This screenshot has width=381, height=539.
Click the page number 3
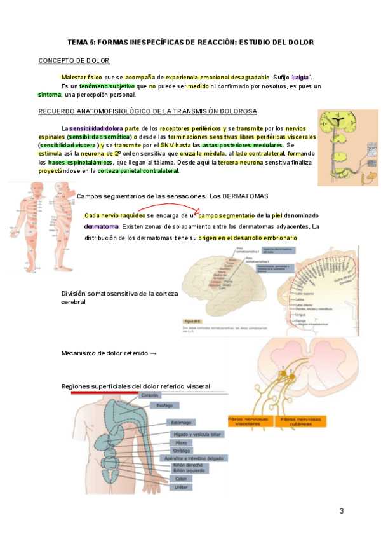pyautogui.click(x=341, y=511)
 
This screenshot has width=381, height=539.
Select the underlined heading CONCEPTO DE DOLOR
pyautogui.click(x=74, y=60)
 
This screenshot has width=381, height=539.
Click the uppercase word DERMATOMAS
pyautogui.click(x=247, y=195)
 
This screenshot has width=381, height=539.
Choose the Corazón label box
pyautogui.click(x=150, y=395)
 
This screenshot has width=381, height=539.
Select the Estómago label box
pyautogui.click(x=179, y=422)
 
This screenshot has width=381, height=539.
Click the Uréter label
pyautogui.click(x=181, y=487)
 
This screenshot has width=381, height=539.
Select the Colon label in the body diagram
pyautogui.click(x=181, y=479)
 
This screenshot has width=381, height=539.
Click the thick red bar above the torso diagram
pyautogui.click(x=105, y=392)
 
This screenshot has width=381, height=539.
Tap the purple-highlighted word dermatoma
pyautogui.click(x=102, y=226)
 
